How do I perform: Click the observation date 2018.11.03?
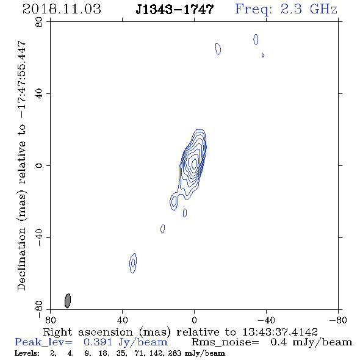[x=62, y=9]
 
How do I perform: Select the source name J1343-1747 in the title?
[x=175, y=9]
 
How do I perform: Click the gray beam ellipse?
[x=68, y=301]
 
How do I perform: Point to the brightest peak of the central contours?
[x=194, y=162]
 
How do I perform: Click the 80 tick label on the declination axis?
[x=39, y=22]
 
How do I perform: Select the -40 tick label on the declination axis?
[x=39, y=237]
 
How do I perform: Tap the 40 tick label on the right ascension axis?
[x=122, y=320]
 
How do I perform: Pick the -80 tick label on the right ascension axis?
[x=337, y=320]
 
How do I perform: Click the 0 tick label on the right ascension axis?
[x=194, y=320]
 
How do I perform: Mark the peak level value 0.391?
[x=98, y=342]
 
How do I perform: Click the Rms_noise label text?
[x=225, y=342]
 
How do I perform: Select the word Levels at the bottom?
[x=27, y=353]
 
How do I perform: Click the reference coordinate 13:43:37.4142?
[x=280, y=332]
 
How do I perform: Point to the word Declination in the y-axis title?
[x=21, y=259]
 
